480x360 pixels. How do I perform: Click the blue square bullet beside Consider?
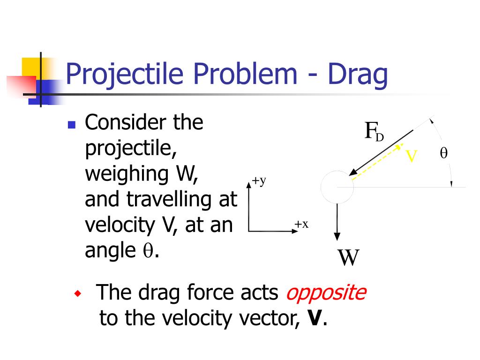(x=71, y=125)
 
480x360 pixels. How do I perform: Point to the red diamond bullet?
(x=78, y=294)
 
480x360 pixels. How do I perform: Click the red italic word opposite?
(x=326, y=293)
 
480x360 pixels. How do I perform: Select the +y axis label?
(x=259, y=181)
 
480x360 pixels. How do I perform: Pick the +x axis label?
(x=301, y=224)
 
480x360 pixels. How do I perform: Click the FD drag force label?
(x=374, y=132)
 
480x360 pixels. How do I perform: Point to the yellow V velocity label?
(x=411, y=156)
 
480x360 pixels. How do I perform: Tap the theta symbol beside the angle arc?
(x=443, y=153)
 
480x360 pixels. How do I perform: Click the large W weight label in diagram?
(x=349, y=257)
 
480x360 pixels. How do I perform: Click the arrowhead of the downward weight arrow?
(x=337, y=236)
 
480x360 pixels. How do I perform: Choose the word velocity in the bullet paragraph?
(x=120, y=225)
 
